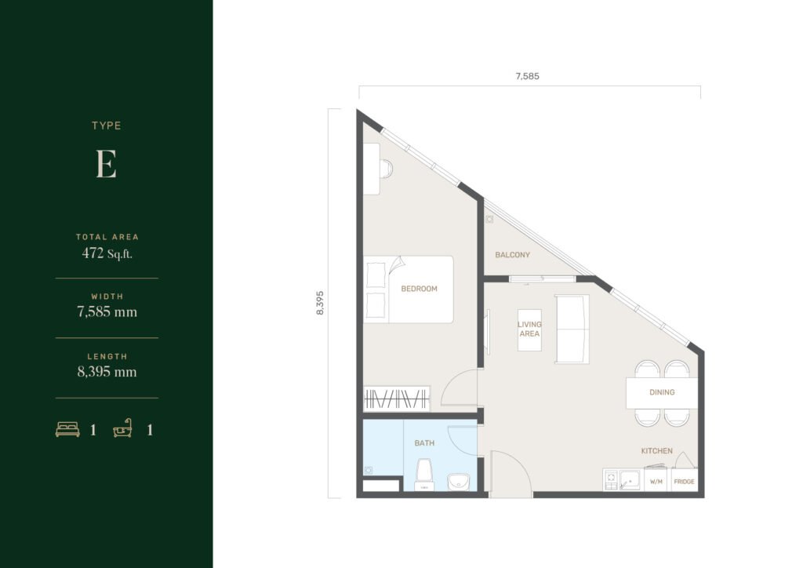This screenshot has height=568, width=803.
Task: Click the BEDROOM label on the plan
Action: pyautogui.click(x=419, y=289)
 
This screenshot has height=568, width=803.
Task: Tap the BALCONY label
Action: pyautogui.click(x=512, y=254)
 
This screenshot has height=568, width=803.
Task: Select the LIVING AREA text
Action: pyautogui.click(x=529, y=329)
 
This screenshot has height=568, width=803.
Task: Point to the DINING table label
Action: pyautogui.click(x=662, y=392)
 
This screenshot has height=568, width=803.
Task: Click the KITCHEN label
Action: pyautogui.click(x=656, y=450)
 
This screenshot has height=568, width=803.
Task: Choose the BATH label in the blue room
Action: pyautogui.click(x=424, y=443)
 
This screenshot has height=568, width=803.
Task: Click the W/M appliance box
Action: pyautogui.click(x=656, y=480)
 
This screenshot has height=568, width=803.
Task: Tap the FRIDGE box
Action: pyautogui.click(x=684, y=480)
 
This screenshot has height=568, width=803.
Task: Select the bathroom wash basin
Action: pyautogui.click(x=458, y=482)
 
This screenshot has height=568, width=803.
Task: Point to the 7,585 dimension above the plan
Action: pyautogui.click(x=527, y=76)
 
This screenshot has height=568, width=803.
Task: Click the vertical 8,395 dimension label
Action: pyautogui.click(x=320, y=303)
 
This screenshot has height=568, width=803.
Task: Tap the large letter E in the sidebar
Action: pyautogui.click(x=106, y=165)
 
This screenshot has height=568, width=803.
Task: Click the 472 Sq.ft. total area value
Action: pyautogui.click(x=107, y=253)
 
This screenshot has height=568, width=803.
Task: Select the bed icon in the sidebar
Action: pyautogui.click(x=67, y=429)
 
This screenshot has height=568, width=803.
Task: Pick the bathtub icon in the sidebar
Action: pyautogui.click(x=122, y=428)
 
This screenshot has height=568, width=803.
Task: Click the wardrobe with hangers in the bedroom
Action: pyautogui.click(x=396, y=399)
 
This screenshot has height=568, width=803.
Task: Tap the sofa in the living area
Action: pyautogui.click(x=572, y=329)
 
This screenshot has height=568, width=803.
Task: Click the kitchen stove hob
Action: pyautogui.click(x=611, y=480)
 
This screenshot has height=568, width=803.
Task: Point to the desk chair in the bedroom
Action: pyautogui.click(x=387, y=169)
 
